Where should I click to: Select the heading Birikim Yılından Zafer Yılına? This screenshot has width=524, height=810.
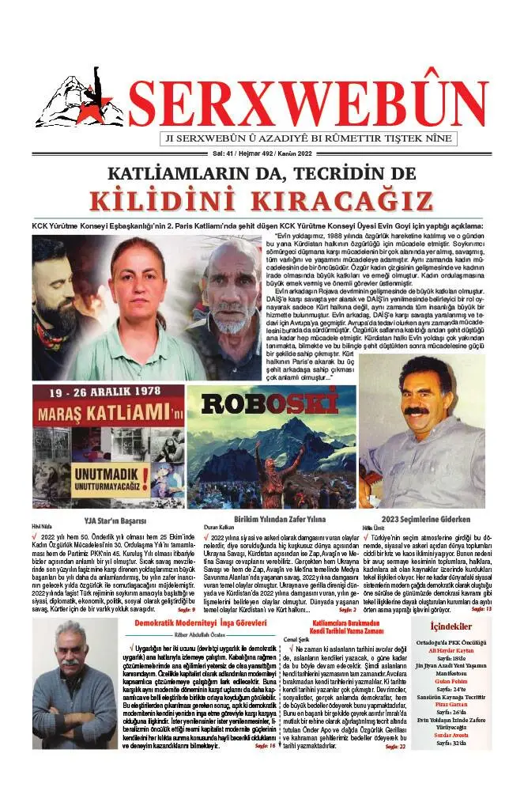pyautogui.click(x=273, y=519)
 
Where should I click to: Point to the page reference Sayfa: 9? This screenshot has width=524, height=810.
pyautogui.click(x=186, y=609)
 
